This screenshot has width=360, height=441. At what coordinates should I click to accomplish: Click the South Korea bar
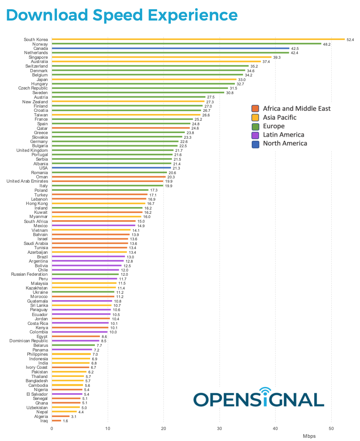click(198, 39)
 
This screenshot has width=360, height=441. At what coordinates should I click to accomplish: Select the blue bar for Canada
click(170, 48)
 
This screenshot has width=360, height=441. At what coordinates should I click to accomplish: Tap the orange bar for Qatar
click(121, 128)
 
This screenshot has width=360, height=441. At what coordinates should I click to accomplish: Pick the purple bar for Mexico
click(94, 225)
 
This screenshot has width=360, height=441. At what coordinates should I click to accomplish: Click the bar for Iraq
click(57, 421)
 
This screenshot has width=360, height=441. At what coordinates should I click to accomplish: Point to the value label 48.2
click(327, 44)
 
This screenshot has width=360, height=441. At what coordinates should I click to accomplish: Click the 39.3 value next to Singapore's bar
click(277, 57)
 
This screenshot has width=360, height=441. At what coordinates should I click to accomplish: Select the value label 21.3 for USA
click(176, 168)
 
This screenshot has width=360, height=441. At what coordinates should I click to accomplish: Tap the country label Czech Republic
click(33, 88)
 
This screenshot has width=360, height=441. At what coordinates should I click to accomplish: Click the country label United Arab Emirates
click(27, 181)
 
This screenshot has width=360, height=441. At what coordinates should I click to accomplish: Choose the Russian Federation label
click(29, 274)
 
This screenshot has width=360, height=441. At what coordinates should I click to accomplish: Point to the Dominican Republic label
click(29, 341)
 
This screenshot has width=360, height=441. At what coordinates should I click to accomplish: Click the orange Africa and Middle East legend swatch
click(255, 109)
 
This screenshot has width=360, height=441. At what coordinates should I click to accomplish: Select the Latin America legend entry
click(283, 135)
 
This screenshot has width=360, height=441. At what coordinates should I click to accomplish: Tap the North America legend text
click(285, 143)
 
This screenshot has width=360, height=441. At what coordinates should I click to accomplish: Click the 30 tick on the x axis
click(220, 429)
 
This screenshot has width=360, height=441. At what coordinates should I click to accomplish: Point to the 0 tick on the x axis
click(52, 429)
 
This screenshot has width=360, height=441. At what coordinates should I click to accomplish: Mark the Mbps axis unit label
click(309, 436)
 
